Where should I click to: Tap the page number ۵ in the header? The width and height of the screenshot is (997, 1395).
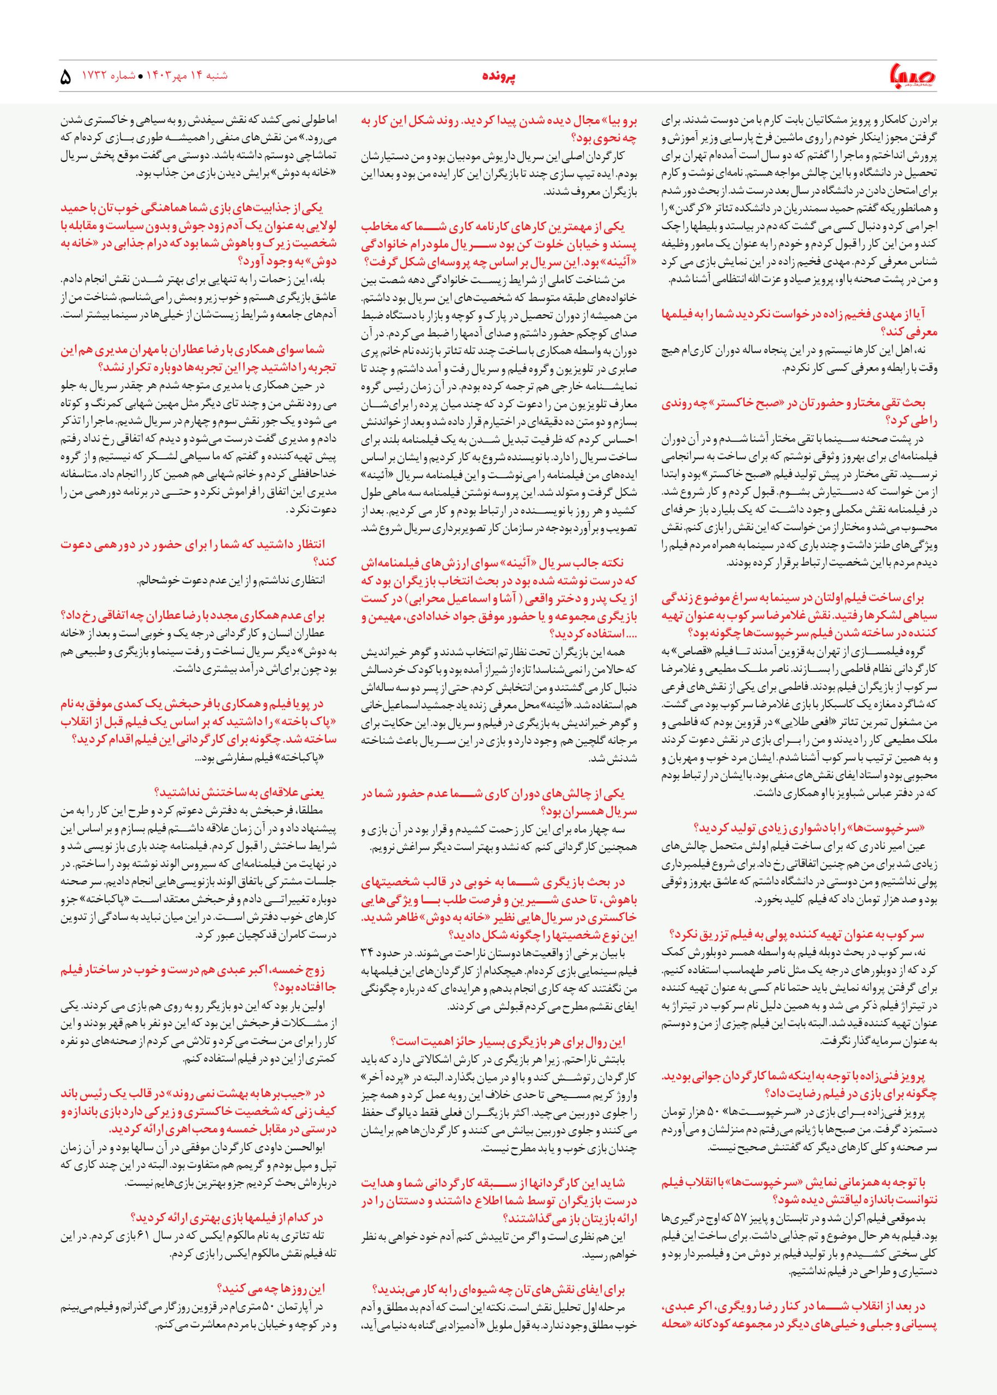67,78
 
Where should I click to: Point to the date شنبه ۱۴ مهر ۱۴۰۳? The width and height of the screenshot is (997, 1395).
184,77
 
